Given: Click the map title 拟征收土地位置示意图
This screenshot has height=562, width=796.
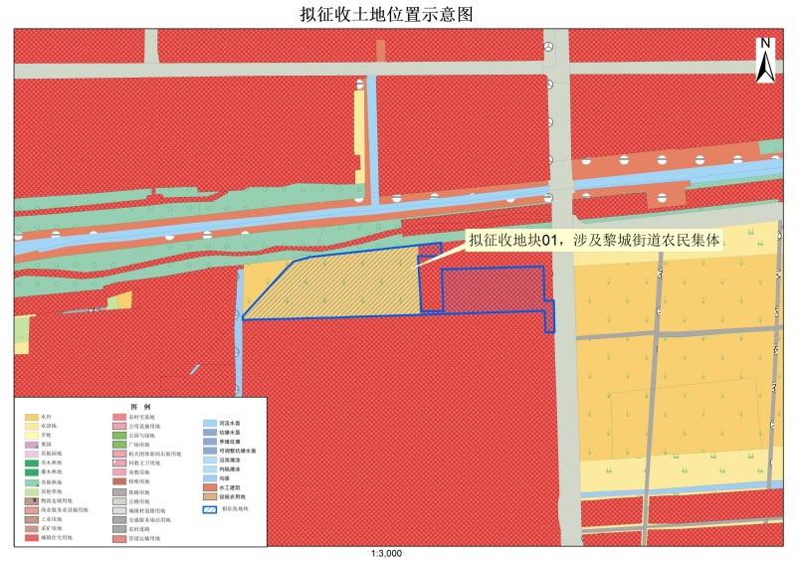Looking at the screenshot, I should [x=398, y=14].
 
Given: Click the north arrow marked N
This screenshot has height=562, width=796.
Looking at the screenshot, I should [x=765, y=60].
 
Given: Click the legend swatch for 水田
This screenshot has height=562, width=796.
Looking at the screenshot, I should [x=32, y=417].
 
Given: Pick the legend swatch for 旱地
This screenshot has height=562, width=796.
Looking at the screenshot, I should [x=32, y=435].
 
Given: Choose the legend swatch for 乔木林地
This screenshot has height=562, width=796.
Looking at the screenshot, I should [x=32, y=463].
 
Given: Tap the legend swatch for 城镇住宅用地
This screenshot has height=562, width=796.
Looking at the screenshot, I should [x=32, y=538].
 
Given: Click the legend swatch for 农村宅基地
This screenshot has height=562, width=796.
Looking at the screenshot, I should [x=119, y=417].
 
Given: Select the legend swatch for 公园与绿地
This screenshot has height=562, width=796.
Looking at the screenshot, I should [x=119, y=435].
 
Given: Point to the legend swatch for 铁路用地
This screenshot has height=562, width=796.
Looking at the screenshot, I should [x=119, y=491].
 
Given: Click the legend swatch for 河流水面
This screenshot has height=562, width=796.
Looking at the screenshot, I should [x=209, y=423].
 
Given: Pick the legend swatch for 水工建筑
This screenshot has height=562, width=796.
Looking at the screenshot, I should [x=209, y=487].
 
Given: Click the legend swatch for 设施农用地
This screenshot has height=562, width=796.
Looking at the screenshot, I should [x=209, y=496].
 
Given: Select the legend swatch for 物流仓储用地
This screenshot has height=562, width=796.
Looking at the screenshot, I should [x=32, y=500].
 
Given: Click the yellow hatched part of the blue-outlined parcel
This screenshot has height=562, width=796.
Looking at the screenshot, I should [x=338, y=288].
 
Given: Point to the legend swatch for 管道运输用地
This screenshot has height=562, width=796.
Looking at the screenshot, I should [x=119, y=538].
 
